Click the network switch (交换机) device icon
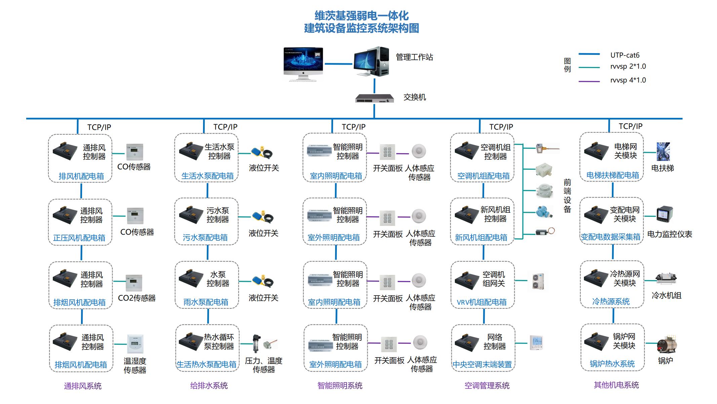pyautogui.click(x=374, y=98)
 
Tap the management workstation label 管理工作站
pyautogui.click(x=414, y=57)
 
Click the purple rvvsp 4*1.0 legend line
pyautogui.click(x=589, y=81)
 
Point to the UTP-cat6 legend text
pyautogui.click(x=625, y=55)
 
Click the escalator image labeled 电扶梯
pyautogui.click(x=663, y=151)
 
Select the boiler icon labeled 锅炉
pyautogui.click(x=667, y=344)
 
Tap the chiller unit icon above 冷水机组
pyautogui.click(x=666, y=279)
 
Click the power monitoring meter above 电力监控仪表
pyautogui.click(x=665, y=214)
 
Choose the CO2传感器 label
pyautogui.click(x=136, y=298)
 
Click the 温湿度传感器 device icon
pyautogui.click(x=135, y=344)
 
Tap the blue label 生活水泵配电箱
pyautogui.click(x=207, y=176)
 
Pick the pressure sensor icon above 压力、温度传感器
pyautogui.click(x=257, y=343)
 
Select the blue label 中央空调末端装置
pyautogui.click(x=482, y=365)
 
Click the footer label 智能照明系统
pyautogui.click(x=340, y=386)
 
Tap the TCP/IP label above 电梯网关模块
pyautogui.click(x=630, y=126)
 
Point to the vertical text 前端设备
pyautogui.click(x=567, y=196)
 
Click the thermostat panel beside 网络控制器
pyautogui.click(x=536, y=343)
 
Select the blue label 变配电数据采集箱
pyautogui.click(x=610, y=237)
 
